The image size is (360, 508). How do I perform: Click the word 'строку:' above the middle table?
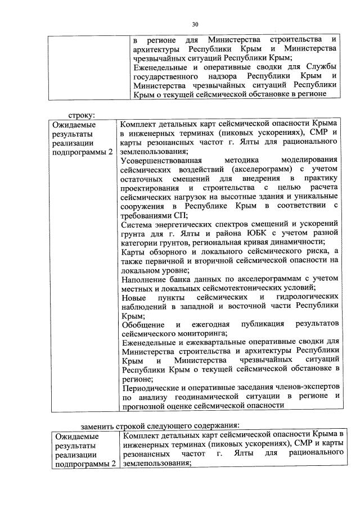[x=79, y=115]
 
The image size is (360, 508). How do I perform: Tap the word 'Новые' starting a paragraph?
[x=133, y=296]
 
